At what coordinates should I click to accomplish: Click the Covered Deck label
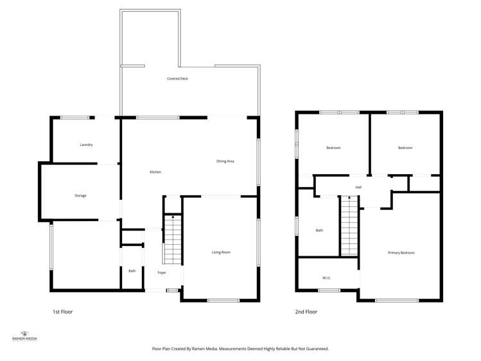click(x=177, y=78)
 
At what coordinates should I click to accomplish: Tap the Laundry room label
click(x=86, y=145)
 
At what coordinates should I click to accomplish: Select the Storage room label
click(x=80, y=195)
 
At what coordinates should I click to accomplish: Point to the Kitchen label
click(x=155, y=172)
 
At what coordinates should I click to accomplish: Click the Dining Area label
click(x=225, y=161)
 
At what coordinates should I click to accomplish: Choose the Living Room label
click(x=221, y=252)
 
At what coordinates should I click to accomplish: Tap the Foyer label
click(x=162, y=273)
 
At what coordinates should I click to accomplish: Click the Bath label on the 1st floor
click(x=132, y=271)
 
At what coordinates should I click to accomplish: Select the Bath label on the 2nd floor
click(x=319, y=230)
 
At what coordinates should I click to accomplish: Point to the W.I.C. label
click(x=326, y=277)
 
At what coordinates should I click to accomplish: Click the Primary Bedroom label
click(x=401, y=252)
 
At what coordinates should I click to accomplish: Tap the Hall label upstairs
click(x=358, y=187)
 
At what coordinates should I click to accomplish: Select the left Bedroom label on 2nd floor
click(x=333, y=148)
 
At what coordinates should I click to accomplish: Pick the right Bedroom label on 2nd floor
click(x=405, y=148)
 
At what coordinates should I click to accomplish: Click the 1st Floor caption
click(x=62, y=312)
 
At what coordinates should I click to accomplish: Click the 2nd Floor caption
click(x=306, y=312)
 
